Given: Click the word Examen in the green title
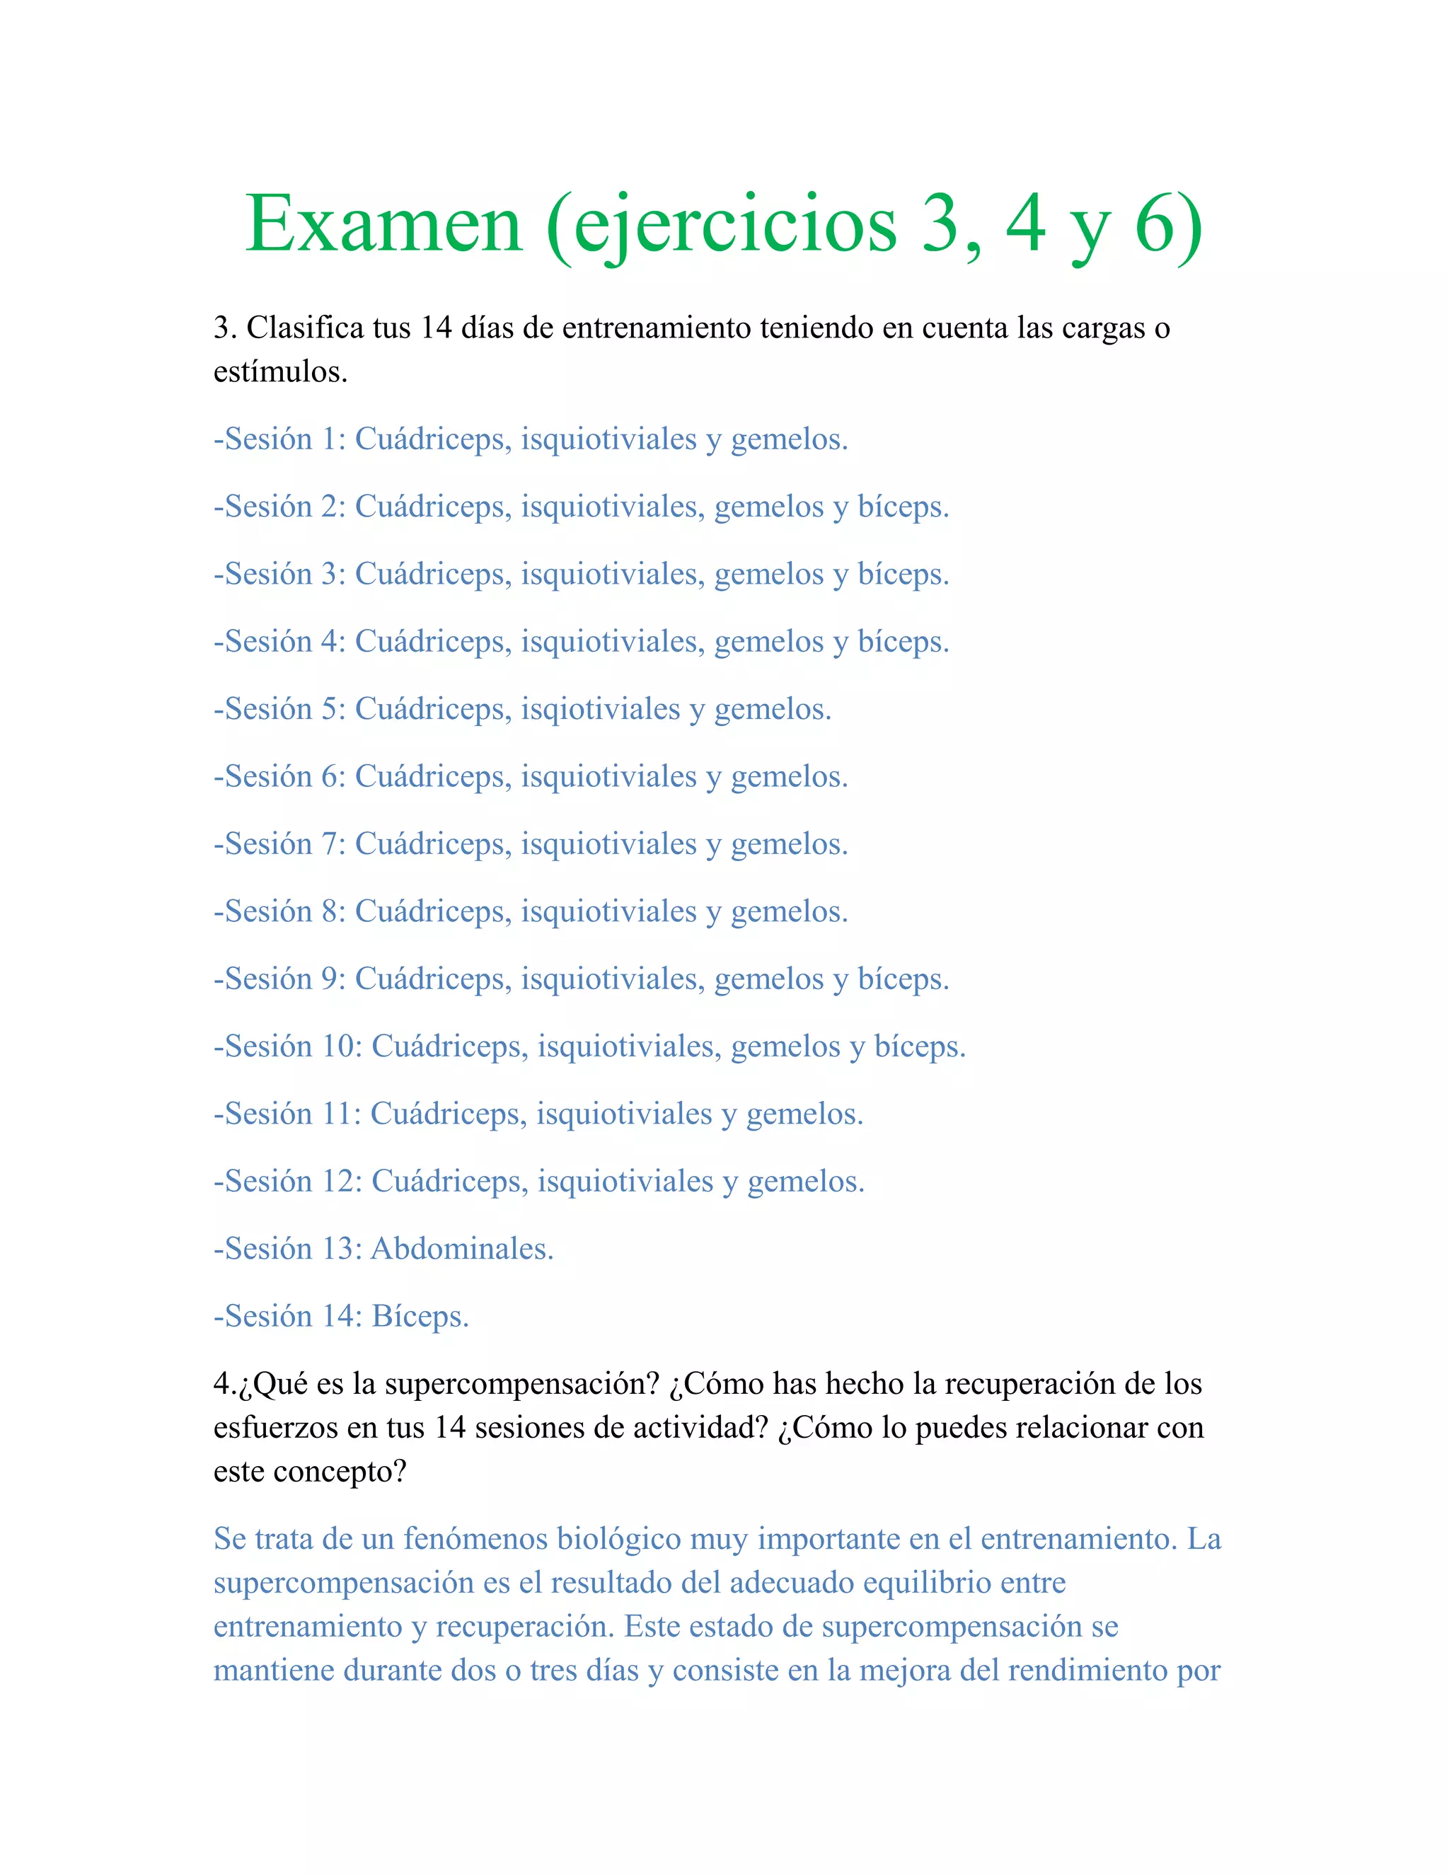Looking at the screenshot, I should click(x=383, y=225).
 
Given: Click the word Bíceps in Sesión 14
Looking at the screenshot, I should click(x=418, y=1317).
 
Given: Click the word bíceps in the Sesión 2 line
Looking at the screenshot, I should click(x=901, y=507).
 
